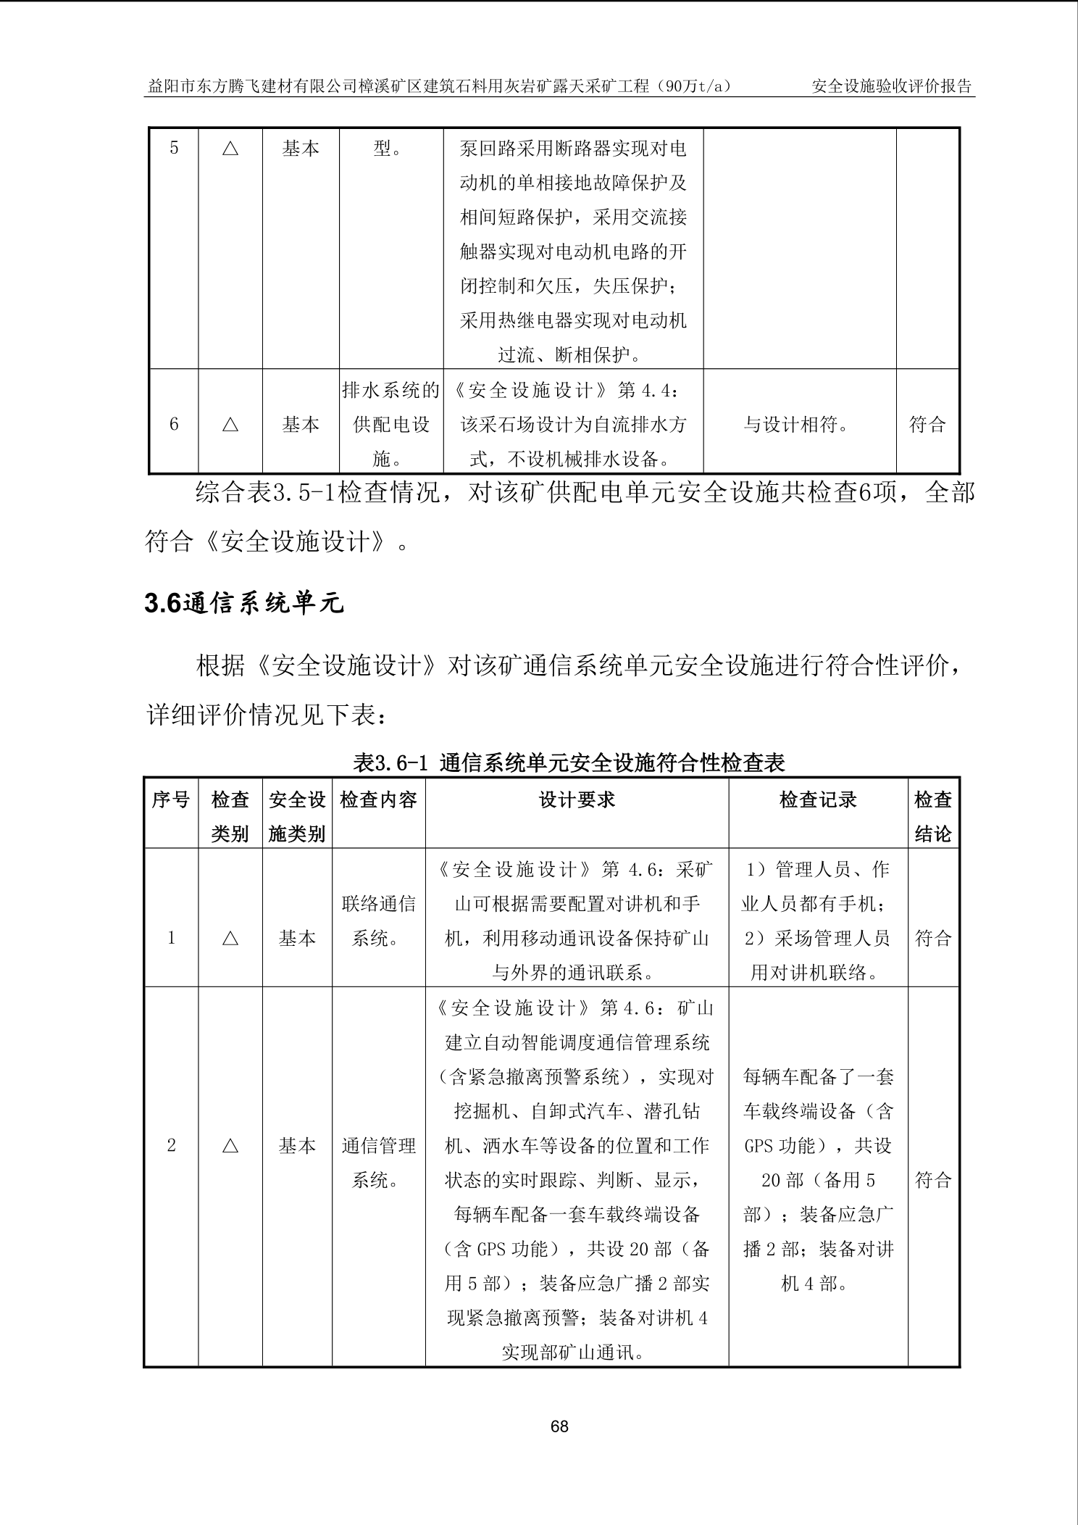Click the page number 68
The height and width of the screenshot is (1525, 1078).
pyautogui.click(x=559, y=1427)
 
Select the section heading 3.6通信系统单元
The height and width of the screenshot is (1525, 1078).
pyautogui.click(x=244, y=603)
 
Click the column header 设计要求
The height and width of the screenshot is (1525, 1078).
pyautogui.click(x=577, y=799)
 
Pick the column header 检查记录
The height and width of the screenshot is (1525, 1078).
pyautogui.click(x=818, y=799)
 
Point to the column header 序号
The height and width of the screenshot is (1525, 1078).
pyautogui.click(x=171, y=799)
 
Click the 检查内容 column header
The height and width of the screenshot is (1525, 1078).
pyautogui.click(x=379, y=799)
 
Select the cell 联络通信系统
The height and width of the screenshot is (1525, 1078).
pyautogui.click(x=379, y=921)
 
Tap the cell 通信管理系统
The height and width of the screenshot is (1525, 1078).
pyautogui.click(x=379, y=1163)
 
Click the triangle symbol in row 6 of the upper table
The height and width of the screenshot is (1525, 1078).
pyautogui.click(x=230, y=425)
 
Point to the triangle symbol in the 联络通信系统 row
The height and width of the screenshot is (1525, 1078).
pyautogui.click(x=230, y=939)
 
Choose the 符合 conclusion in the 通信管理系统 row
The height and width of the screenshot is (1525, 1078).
pyautogui.click(x=933, y=1180)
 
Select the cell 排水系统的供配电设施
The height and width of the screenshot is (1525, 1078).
pyautogui.click(x=391, y=425)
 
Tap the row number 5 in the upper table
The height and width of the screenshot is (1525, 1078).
pyautogui.click(x=174, y=149)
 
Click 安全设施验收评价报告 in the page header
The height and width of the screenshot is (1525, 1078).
pyautogui.click(x=892, y=86)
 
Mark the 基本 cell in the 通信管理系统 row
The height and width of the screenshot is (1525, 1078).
pyautogui.click(x=297, y=1146)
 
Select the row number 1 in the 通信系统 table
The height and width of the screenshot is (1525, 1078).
pyautogui.click(x=172, y=939)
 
